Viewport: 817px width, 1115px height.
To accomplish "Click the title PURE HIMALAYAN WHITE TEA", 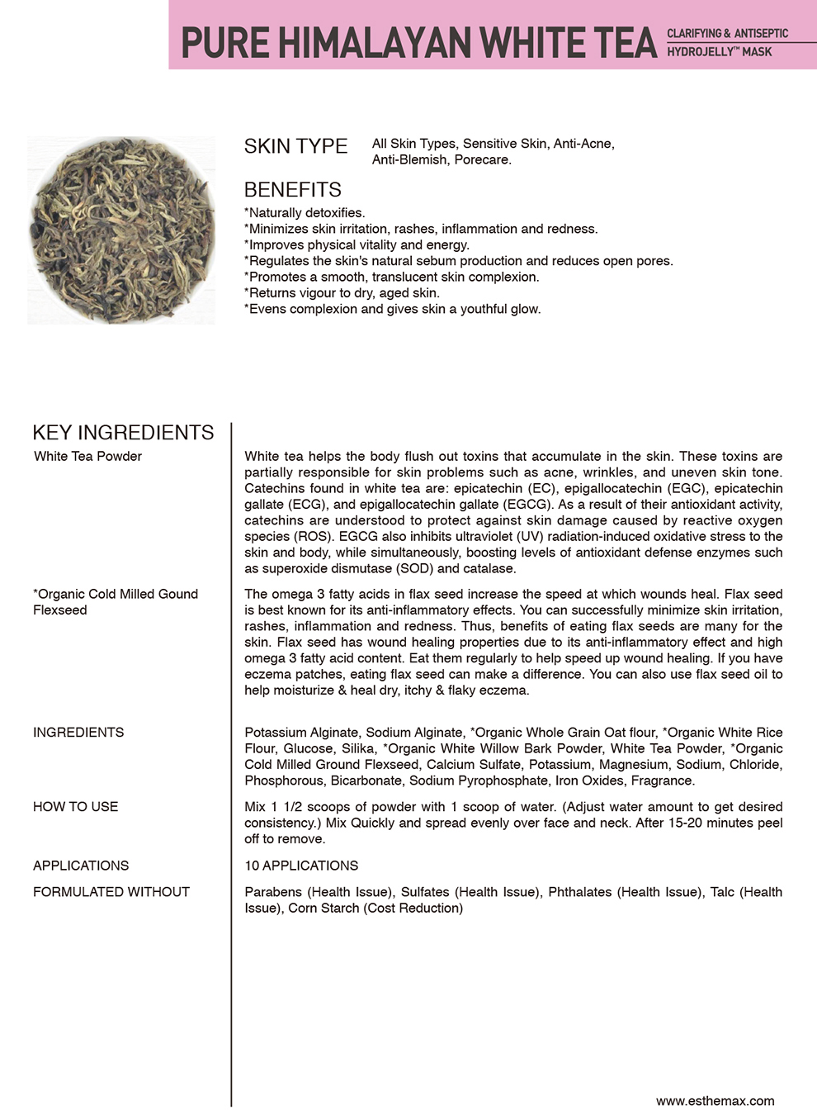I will coord(418,43).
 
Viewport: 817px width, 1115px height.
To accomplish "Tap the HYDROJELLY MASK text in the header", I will coord(720,52).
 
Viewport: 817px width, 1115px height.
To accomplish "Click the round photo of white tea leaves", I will coord(121,230).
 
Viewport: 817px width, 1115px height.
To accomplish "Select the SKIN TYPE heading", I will coord(295,146).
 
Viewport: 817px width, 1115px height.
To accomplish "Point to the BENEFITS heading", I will coord(292,190).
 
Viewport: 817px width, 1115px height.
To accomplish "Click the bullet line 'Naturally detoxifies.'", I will coord(305,213).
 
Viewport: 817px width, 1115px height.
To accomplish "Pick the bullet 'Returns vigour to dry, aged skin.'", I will coord(342,293).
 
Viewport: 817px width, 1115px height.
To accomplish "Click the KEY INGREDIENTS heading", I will coord(123,433).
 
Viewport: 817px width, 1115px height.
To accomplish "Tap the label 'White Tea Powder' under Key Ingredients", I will coord(87,457).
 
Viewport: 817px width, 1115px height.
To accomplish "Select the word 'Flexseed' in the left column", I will coord(59,610).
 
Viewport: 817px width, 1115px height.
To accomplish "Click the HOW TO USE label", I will coord(75,807).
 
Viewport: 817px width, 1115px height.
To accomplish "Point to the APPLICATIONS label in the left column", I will coord(81,866).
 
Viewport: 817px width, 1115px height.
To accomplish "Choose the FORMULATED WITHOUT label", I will coord(111,892).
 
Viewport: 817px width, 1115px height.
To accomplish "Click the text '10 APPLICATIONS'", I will coord(301,866).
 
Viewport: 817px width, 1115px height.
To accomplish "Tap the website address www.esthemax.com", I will coord(715,1101).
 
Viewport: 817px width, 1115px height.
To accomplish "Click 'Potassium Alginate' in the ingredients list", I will coord(301,733).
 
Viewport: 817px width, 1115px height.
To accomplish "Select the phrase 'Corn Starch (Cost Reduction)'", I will coord(375,909).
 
